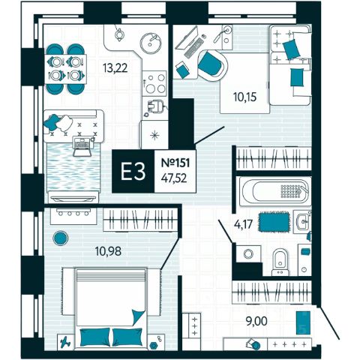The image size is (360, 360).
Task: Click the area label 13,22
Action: (115, 67)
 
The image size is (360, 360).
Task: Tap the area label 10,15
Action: (244, 97)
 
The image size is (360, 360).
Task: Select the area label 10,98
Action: (109, 251)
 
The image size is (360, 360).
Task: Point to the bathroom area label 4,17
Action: (243, 224)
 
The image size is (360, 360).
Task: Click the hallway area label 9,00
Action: (256, 321)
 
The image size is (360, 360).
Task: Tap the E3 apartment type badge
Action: (133, 171)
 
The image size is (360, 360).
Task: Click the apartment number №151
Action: (175, 163)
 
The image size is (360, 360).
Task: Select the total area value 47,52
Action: (174, 178)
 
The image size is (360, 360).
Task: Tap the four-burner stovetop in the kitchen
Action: (154, 83)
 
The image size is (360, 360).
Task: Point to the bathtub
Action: (274, 191)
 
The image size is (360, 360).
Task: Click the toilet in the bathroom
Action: (280, 262)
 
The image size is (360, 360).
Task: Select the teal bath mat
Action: (274, 222)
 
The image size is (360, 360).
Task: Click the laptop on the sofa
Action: (83, 145)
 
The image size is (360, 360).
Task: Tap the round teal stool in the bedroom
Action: (61, 238)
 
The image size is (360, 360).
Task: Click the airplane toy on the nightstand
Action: (65, 342)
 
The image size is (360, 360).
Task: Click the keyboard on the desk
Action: (194, 48)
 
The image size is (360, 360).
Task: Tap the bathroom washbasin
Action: (302, 221)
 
